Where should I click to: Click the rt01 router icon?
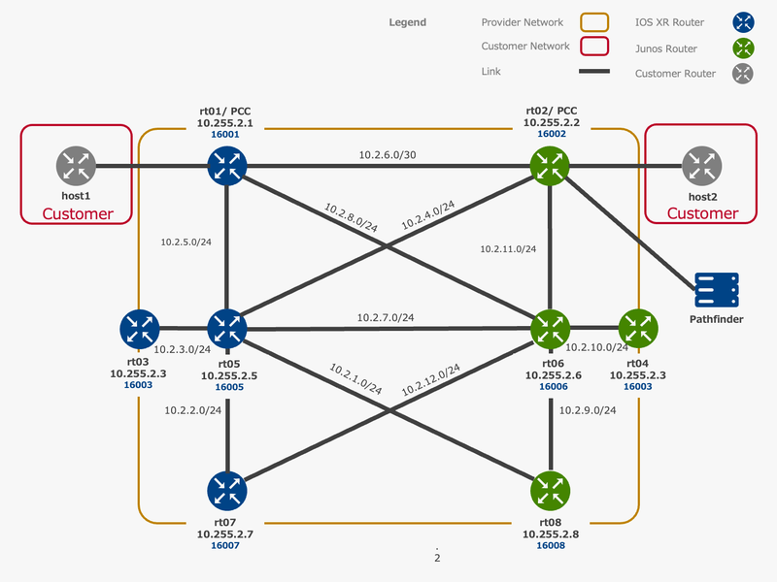click(x=227, y=166)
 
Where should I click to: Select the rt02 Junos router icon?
click(x=551, y=166)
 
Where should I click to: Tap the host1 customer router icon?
click(x=76, y=166)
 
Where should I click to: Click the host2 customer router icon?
click(x=700, y=166)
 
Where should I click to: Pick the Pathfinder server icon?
click(x=716, y=289)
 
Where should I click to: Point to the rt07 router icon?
click(x=227, y=492)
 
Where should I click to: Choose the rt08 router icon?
click(x=551, y=492)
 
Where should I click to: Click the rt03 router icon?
click(x=139, y=330)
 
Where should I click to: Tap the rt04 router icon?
click(x=638, y=330)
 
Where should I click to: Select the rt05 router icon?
click(x=227, y=330)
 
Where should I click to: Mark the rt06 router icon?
click(x=551, y=330)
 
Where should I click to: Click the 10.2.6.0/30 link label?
click(x=388, y=154)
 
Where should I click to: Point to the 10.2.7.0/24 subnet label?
click(x=386, y=317)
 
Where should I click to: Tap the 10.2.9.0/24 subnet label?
click(x=588, y=410)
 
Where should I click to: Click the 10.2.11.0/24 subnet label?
click(x=508, y=249)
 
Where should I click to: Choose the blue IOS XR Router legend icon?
click(x=743, y=21)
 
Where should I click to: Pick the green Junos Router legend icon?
click(x=743, y=48)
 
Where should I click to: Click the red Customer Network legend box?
click(x=594, y=47)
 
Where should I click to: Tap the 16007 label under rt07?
click(x=224, y=546)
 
